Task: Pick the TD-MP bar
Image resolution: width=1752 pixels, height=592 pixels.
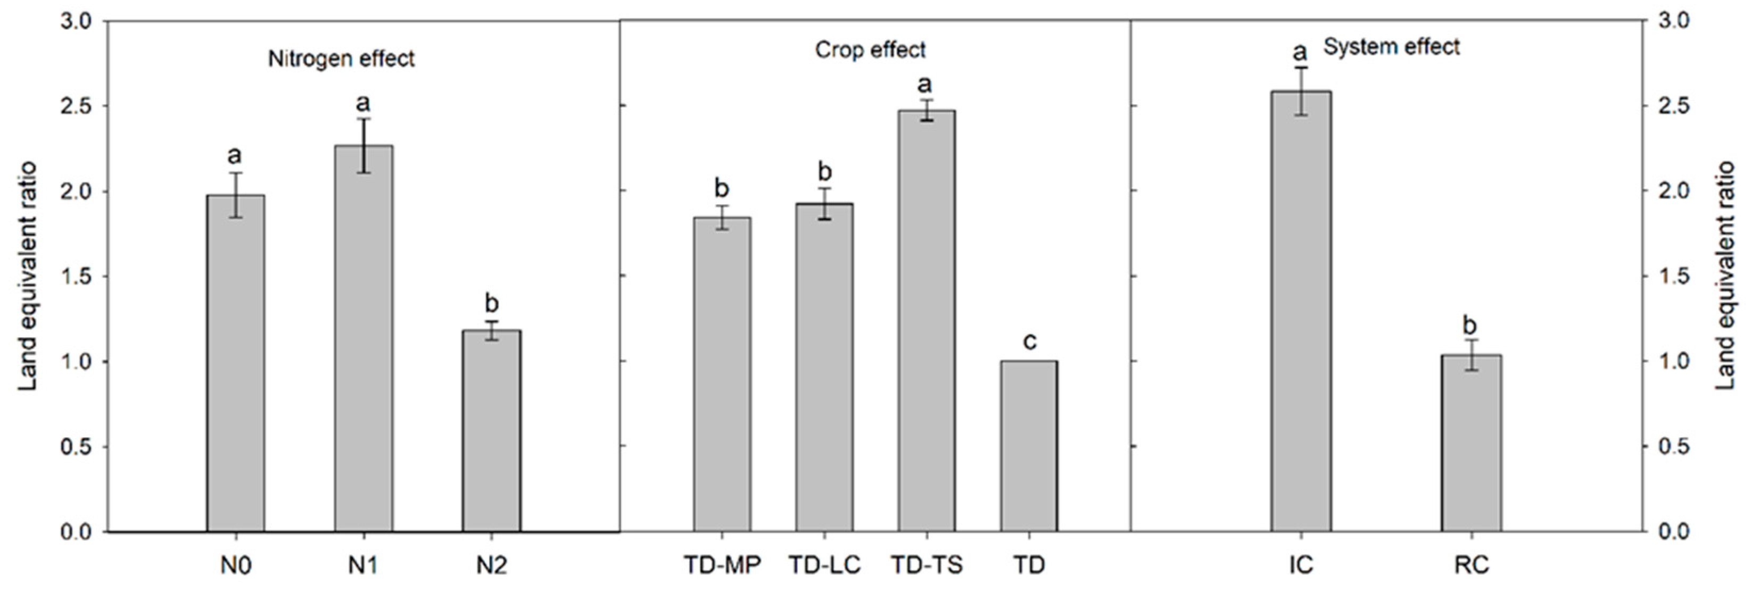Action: [x=722, y=374]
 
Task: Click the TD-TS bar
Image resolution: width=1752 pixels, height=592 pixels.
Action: [x=927, y=320]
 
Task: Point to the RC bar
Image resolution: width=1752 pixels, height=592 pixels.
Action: [x=1471, y=443]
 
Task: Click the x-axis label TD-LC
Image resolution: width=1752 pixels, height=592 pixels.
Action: [x=824, y=565]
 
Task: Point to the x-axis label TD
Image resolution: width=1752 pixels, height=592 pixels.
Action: [x=1029, y=565]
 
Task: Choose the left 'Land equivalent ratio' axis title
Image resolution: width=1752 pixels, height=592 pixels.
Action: [x=27, y=276]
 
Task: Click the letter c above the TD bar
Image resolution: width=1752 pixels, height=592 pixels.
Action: [x=1029, y=340]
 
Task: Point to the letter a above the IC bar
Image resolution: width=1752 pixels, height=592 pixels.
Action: [x=1300, y=52]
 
